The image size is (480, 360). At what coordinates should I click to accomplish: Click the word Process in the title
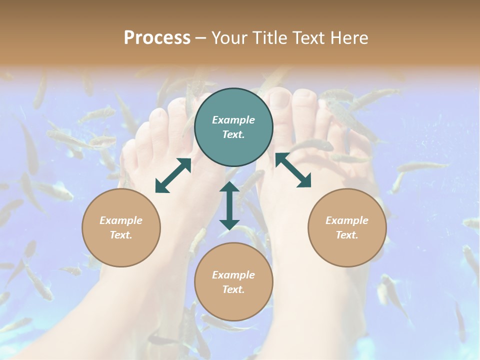(157, 38)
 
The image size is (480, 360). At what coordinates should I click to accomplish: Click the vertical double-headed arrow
(229, 205)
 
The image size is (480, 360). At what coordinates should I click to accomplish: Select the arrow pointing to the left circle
(173, 175)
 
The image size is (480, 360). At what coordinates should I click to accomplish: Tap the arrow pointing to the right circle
(293, 170)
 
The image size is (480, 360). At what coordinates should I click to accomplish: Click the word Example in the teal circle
(233, 120)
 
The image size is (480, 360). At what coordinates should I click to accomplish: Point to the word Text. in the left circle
(121, 235)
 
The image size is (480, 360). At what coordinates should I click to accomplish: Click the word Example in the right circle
(347, 220)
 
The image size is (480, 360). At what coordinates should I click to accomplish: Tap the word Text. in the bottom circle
(233, 289)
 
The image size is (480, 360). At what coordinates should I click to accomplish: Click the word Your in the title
(227, 38)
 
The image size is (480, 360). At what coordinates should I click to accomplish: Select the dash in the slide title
(201, 38)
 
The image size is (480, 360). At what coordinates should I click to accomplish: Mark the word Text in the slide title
(304, 38)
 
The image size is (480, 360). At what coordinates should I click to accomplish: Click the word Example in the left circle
(121, 220)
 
